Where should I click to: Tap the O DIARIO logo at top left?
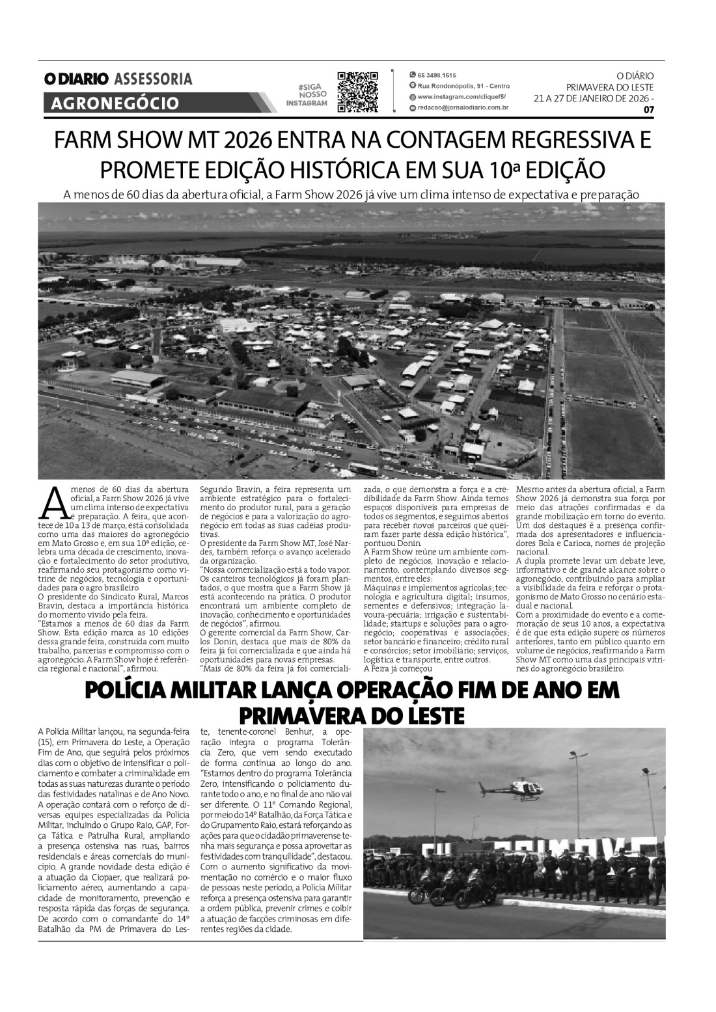point(76,79)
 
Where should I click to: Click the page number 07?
point(648,109)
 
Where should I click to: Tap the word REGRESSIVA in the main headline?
point(571,141)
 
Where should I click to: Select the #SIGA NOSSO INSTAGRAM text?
point(307,95)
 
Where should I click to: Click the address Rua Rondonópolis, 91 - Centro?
point(463,86)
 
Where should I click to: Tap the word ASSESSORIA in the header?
point(153,79)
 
